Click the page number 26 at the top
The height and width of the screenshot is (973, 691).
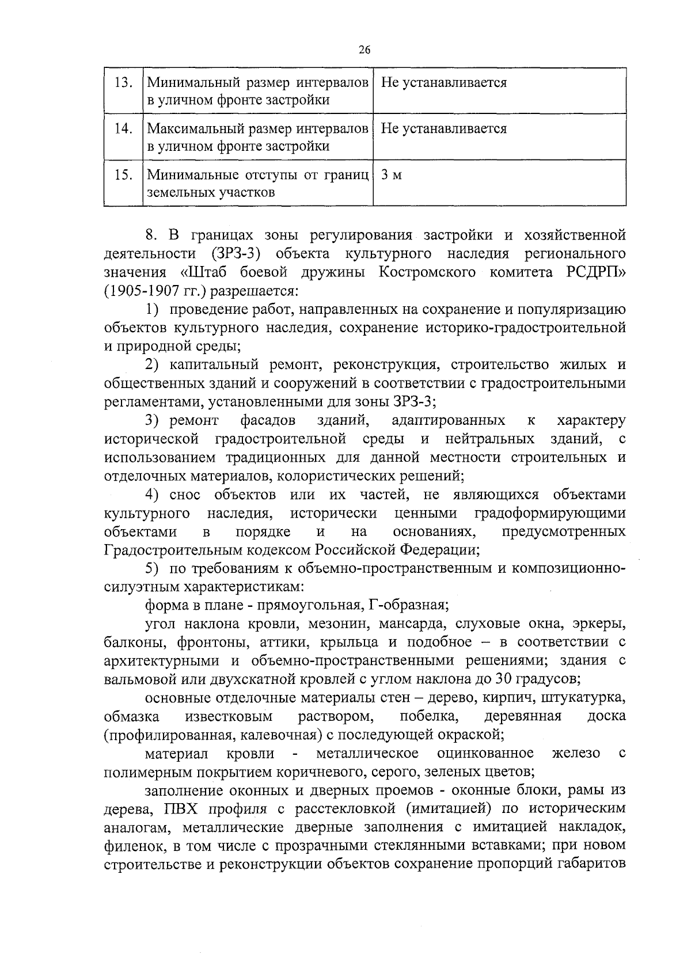pyautogui.click(x=364, y=50)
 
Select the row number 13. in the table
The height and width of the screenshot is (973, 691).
pyautogui.click(x=123, y=82)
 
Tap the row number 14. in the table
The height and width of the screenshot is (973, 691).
pyautogui.click(x=123, y=128)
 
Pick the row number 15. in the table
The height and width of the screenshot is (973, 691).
pyautogui.click(x=123, y=174)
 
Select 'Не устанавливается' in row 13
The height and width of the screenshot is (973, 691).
pyautogui.click(x=443, y=82)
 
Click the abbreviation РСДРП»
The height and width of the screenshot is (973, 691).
pyautogui.click(x=593, y=272)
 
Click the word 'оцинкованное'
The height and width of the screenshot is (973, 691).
pyautogui.click(x=485, y=753)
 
